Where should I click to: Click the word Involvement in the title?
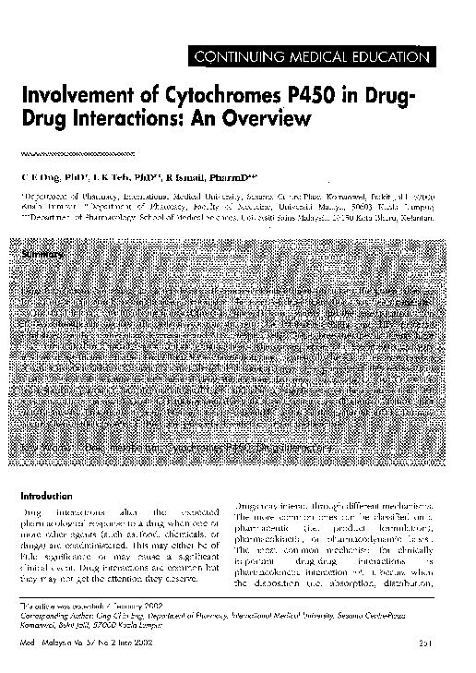point(79,97)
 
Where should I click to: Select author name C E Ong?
point(45,176)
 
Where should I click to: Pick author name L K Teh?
point(111,176)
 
